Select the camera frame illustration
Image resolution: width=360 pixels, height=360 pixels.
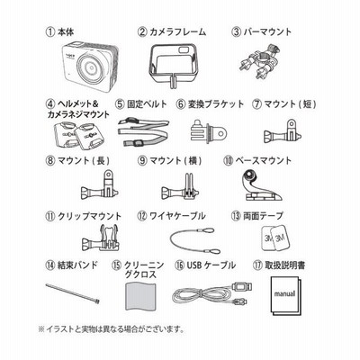click(172, 65)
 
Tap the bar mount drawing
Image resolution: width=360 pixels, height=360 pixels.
click(262, 61)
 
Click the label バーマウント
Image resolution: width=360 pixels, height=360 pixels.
click(261, 31)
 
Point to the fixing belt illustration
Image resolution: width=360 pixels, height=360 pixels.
click(143, 132)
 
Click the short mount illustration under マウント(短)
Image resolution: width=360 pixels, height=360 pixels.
click(283, 131)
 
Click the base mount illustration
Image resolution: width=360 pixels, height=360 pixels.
click(260, 185)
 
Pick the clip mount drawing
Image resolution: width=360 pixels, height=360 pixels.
click(101, 238)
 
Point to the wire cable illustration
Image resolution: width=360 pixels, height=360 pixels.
click(195, 241)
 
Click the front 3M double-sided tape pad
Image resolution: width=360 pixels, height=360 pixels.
click(280, 238)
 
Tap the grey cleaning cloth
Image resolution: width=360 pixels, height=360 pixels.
click(140, 296)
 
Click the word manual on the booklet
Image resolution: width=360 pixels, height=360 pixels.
click(284, 293)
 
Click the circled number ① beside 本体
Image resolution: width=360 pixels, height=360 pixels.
click(49, 32)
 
